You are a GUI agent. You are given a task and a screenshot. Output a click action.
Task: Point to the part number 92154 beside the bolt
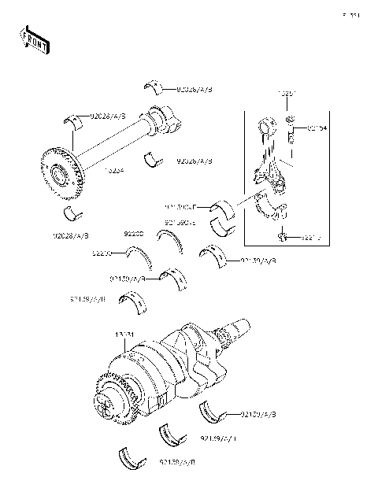[317, 128]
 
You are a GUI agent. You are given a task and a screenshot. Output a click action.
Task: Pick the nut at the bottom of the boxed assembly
[282, 237]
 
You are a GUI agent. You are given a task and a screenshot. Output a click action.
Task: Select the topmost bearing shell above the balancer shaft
[154, 86]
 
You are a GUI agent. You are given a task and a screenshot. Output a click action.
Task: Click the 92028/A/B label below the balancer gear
[71, 235]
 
